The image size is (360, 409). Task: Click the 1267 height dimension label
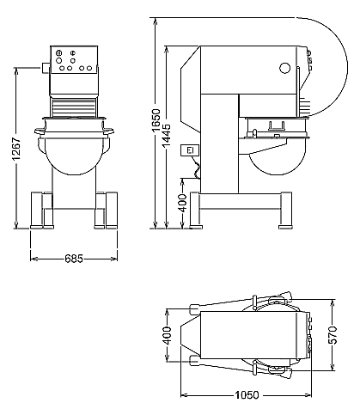pos(17,149)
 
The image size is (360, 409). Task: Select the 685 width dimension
pos(74,259)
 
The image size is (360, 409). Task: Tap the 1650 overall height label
pos(156,120)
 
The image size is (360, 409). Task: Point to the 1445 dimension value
pos(166,136)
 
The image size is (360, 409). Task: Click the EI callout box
pos(190,150)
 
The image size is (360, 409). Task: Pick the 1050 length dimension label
pos(247,395)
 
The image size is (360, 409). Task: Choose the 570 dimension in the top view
pos(333,334)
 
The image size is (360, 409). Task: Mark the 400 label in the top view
pos(167,335)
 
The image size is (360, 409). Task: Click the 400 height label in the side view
pos(182,203)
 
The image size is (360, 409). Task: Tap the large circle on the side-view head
pos(285,68)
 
